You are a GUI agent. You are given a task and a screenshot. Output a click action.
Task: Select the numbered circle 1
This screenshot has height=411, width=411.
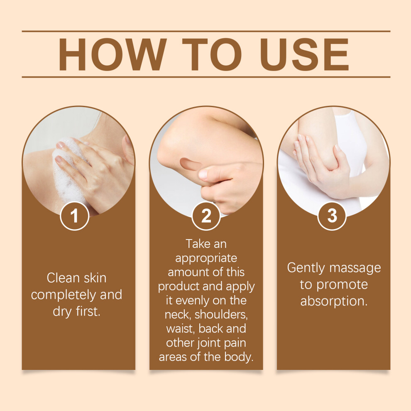click(74, 216)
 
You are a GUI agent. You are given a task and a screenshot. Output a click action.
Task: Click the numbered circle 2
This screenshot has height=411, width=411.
click(206, 216)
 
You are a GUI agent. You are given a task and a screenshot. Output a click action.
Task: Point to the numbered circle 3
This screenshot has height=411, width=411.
click(332, 216)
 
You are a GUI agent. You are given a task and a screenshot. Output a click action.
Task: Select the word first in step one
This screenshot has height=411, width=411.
click(88, 311)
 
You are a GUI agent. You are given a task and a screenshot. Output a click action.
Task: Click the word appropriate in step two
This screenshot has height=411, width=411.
click(206, 259)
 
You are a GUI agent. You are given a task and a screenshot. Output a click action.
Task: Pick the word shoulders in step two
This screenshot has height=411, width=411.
click(221, 315)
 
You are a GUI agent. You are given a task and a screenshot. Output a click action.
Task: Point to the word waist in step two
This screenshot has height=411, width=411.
click(181, 329)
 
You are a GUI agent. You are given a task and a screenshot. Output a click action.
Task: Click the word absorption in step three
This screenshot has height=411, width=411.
click(334, 301)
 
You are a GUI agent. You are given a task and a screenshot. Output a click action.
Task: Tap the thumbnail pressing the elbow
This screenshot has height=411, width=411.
click(203, 174)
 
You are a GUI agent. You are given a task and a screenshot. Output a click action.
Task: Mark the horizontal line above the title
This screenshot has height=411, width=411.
click(206, 31)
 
